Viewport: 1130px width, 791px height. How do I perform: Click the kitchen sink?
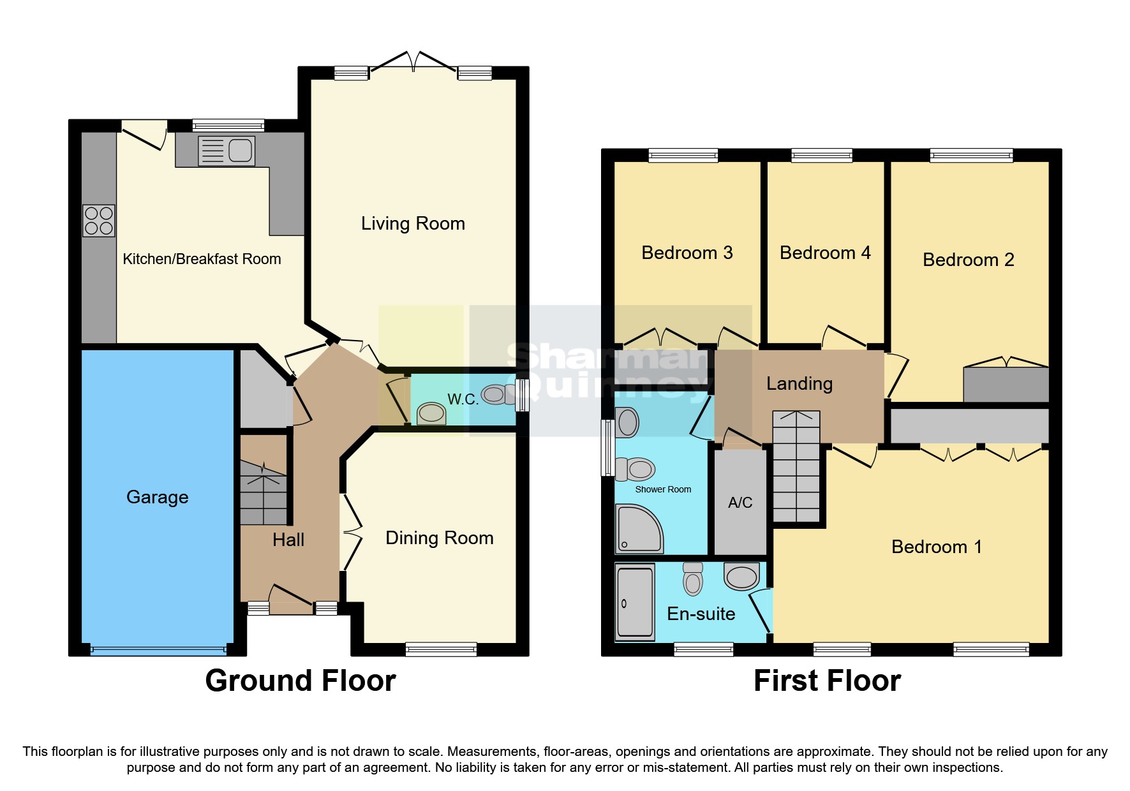(x=227, y=151)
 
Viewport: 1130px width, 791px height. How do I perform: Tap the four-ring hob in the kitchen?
(x=99, y=221)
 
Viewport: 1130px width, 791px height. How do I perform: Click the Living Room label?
(x=413, y=223)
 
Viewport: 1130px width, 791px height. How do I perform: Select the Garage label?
(x=157, y=497)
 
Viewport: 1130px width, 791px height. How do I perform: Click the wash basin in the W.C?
(x=431, y=413)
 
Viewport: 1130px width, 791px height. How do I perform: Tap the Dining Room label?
(x=439, y=538)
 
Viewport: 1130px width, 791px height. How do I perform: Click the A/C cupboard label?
(x=740, y=503)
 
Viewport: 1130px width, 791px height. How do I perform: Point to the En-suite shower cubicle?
(x=635, y=603)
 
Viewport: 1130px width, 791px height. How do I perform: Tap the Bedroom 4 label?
(x=825, y=253)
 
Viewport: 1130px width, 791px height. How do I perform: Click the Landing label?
(x=799, y=383)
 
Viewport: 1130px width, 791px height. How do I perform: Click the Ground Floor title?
(x=301, y=681)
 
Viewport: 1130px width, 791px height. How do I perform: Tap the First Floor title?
(x=827, y=681)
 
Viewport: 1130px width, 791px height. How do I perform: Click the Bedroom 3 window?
(x=683, y=154)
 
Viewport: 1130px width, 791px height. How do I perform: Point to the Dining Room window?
(x=441, y=649)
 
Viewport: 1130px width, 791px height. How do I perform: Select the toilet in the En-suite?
(x=692, y=579)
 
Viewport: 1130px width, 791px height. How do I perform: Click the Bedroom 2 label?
(x=968, y=260)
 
